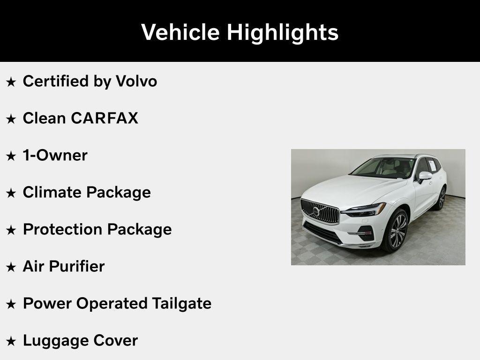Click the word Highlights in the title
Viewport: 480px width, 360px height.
pos(283,33)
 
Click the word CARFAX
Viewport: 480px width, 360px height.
pos(105,118)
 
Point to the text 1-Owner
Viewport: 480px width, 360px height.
pos(55,155)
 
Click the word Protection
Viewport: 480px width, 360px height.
pos(62,229)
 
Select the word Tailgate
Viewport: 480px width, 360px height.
pos(181,303)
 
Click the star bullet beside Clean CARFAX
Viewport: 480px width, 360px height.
pos(11,119)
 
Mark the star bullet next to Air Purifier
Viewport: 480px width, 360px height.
pos(11,267)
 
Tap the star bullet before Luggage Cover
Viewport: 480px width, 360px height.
pos(11,341)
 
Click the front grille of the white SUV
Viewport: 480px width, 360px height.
pos(320,212)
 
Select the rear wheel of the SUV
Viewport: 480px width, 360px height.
pos(441,198)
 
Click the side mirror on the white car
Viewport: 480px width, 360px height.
pos(425,176)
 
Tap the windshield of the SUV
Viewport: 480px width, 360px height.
pos(382,168)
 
